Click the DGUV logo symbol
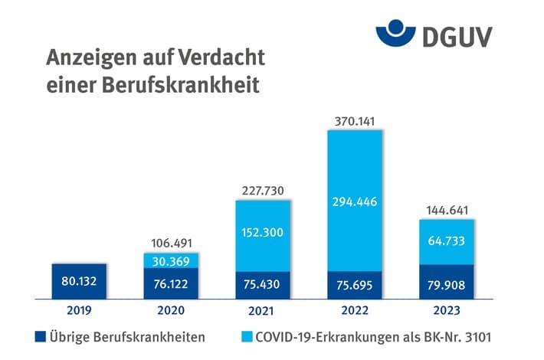[396, 34]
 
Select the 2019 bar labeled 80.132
[79, 281]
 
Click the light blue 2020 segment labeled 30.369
[170, 261]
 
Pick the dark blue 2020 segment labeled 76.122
[170, 284]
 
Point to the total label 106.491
[170, 242]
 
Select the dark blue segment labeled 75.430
[262, 284]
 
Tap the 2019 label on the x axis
[79, 311]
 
